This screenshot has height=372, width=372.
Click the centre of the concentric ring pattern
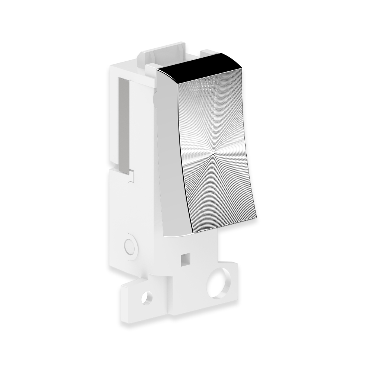[213, 152]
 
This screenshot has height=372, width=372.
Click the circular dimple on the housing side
[130, 246]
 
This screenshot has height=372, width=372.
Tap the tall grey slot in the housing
[124, 125]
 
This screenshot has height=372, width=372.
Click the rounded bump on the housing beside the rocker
[154, 99]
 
